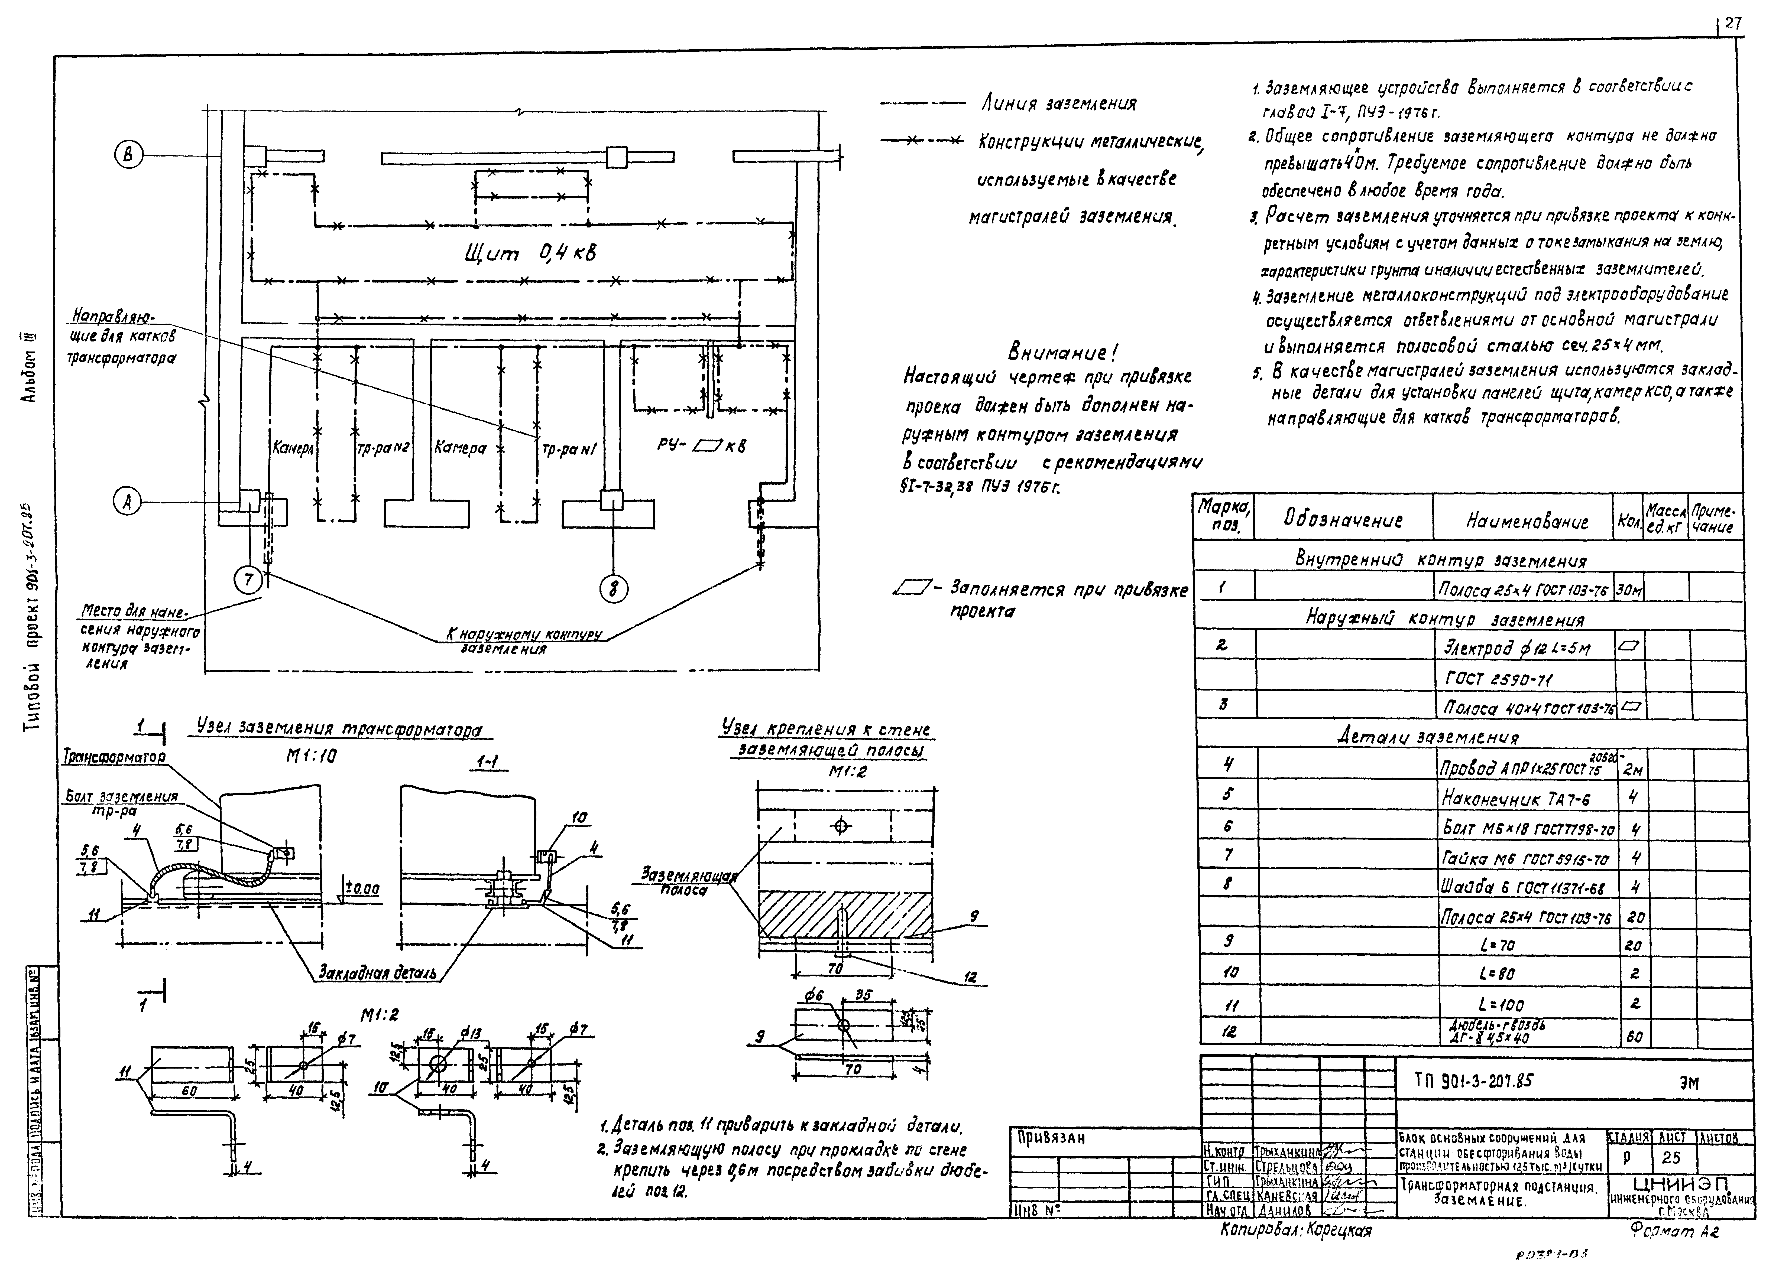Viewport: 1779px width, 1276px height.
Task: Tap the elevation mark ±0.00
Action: [362, 889]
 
